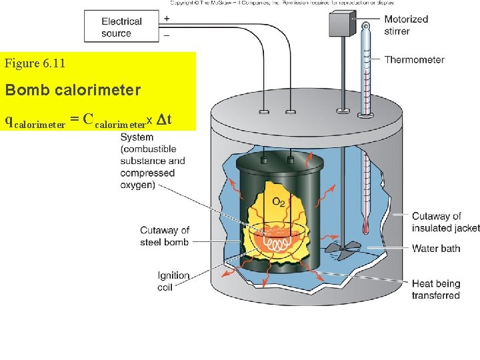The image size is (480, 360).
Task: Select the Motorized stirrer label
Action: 406,25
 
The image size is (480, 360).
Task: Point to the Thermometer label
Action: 414,59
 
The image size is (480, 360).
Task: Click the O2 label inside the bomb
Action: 281,201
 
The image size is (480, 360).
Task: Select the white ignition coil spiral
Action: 279,245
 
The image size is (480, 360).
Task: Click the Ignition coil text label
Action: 174,281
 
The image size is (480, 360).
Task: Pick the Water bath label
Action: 436,249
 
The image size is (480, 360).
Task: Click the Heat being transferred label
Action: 436,289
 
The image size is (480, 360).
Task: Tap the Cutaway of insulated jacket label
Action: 445,222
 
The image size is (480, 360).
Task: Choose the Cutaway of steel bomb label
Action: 165,236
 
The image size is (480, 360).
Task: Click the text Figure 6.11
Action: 35,64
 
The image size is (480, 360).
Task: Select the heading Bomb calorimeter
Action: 73,89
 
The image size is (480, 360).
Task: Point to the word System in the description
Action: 137,137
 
